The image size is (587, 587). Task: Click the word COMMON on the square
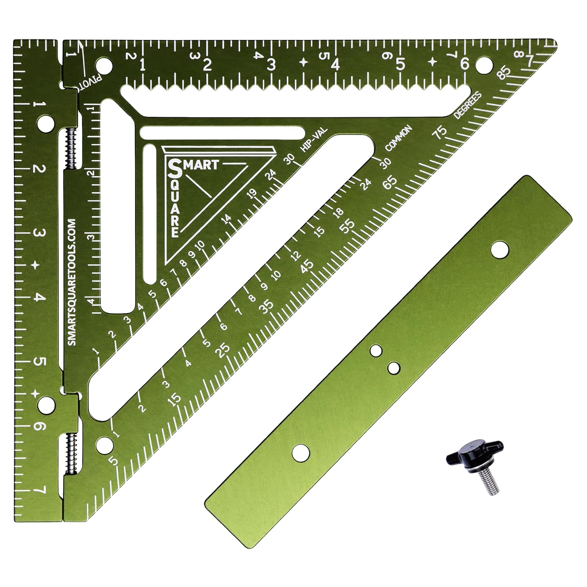pos(398,138)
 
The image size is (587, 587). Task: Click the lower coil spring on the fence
pos(70,453)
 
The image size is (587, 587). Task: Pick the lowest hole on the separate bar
pos(301,453)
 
